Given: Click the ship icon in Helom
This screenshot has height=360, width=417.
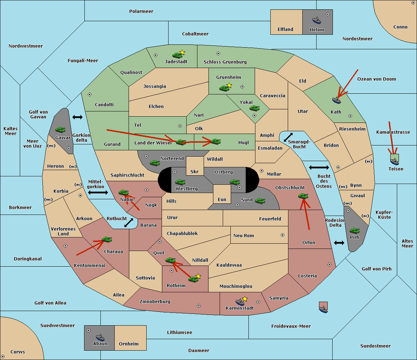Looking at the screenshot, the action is point(317,20).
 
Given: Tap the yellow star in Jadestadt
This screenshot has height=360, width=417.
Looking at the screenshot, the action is point(182,52).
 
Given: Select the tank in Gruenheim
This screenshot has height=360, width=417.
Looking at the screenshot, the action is point(224,88).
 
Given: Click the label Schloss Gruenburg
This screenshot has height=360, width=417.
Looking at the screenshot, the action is point(225,62).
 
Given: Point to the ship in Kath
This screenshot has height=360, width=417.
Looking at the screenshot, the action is point(336,100).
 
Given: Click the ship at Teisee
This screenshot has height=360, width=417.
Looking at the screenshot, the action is point(394,161).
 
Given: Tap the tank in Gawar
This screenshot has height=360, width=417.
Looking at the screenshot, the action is point(60,129).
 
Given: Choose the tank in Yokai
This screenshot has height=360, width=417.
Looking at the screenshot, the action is point(254,108).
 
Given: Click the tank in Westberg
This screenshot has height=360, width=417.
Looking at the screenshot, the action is point(180,182).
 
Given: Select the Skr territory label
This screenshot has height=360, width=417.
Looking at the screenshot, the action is point(194,171).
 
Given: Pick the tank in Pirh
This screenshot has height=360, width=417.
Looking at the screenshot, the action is point(354,231).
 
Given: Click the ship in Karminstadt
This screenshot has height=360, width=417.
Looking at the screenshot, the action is point(240,302).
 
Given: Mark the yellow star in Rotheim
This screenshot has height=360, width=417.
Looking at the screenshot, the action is point(198,276).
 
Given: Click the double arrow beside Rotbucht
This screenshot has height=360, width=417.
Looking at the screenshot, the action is point(129,223).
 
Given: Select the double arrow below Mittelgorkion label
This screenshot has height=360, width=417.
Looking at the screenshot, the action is point(98,192).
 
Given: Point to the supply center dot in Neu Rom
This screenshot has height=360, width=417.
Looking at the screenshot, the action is point(283,235).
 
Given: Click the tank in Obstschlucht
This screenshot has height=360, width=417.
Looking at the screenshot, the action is point(303,196).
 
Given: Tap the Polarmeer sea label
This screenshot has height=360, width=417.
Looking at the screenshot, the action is point(141,11).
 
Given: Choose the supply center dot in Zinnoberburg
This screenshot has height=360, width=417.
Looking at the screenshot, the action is point(199,306).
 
